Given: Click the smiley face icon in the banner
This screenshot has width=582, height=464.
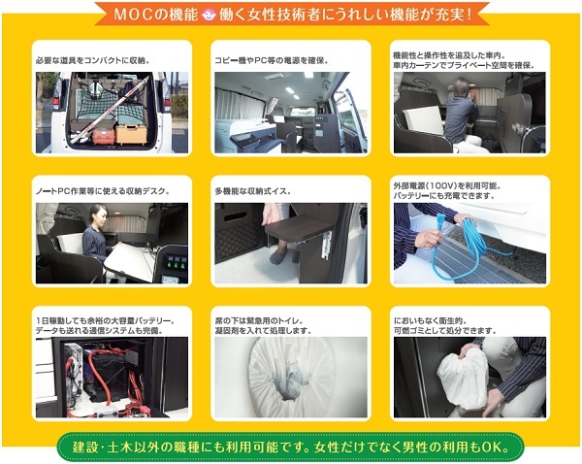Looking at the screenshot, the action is point(209,15).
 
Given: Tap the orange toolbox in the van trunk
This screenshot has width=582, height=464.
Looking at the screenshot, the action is point(131,134).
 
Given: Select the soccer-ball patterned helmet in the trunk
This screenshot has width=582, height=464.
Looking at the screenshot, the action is point(96,87).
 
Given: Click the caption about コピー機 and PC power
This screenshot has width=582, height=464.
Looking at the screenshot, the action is point(272,60).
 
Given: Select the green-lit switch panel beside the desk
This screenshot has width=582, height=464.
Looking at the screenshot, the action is point(174,263).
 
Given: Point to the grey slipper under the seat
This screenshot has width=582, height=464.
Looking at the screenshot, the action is point(278,256).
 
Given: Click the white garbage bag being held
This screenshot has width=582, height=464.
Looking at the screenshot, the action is point(463,379).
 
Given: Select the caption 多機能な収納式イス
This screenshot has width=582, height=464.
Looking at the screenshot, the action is point(253,191).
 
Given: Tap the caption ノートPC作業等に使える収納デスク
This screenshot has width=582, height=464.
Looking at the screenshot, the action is point(103,191).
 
